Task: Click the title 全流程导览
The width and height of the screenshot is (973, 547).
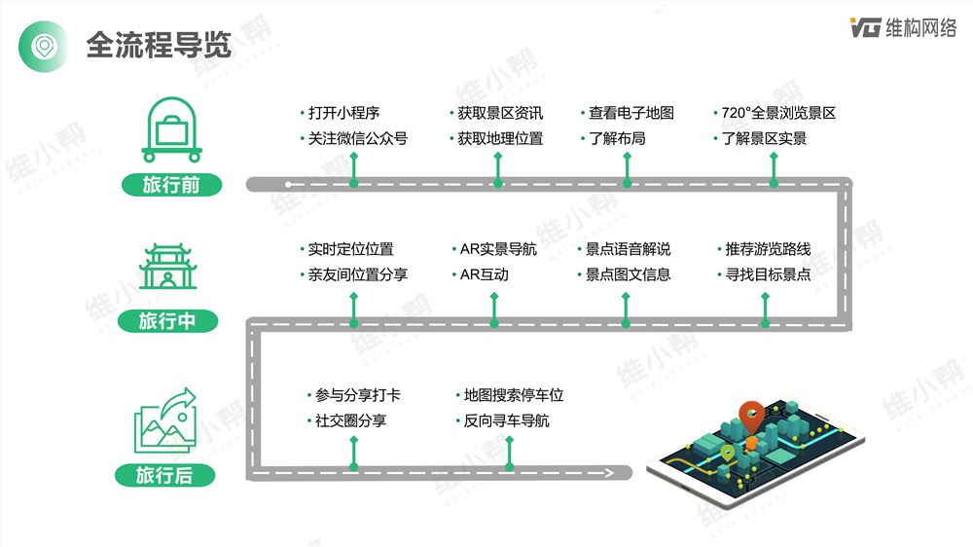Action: tap(159, 46)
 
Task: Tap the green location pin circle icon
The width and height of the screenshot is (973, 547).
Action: tap(44, 47)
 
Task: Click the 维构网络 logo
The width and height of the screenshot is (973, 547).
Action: tap(903, 28)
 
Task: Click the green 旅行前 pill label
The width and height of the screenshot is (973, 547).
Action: tap(172, 184)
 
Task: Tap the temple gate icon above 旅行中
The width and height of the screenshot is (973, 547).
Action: tap(167, 267)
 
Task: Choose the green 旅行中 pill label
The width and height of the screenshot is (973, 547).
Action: tap(167, 321)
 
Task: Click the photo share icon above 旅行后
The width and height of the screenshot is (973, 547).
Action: tap(165, 420)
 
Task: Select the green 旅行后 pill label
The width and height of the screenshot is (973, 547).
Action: tap(165, 476)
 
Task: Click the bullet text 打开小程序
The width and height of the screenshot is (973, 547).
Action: tap(343, 113)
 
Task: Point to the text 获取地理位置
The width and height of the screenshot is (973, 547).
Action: tap(500, 138)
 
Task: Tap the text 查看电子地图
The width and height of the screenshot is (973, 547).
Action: tap(631, 113)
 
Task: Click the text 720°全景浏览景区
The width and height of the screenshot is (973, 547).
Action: tap(778, 113)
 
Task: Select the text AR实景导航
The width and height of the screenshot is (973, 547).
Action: tap(498, 249)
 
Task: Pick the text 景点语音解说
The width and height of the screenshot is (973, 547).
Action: tap(628, 249)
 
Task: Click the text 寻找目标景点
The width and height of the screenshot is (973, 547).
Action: tap(769, 274)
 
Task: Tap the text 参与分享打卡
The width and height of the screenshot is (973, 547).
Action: tap(358, 395)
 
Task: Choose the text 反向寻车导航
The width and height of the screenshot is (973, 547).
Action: tap(506, 420)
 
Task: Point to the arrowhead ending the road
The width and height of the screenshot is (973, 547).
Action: tap(609, 473)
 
